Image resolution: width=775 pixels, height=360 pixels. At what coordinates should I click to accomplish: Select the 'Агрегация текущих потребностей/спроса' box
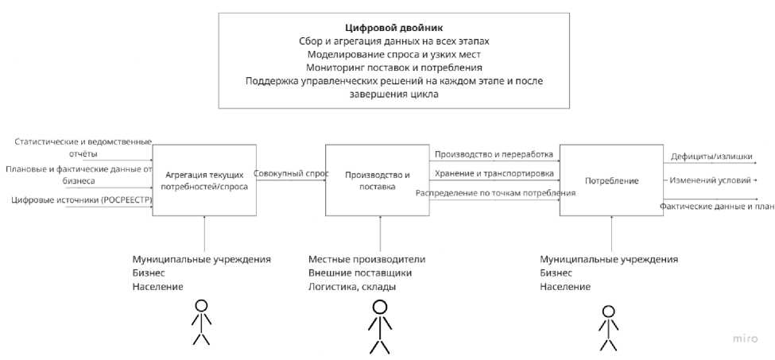click(204, 180)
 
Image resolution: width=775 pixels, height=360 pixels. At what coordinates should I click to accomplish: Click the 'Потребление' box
click(611, 180)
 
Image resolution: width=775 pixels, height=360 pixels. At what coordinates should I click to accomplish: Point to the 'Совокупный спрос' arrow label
click(291, 172)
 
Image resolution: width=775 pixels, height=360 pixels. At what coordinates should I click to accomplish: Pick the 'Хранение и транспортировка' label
click(494, 172)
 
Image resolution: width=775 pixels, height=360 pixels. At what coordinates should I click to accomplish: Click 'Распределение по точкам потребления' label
click(496, 193)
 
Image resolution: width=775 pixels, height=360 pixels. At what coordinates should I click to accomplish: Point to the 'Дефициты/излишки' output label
click(706, 157)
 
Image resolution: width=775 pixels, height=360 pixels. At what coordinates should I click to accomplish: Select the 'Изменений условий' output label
click(710, 180)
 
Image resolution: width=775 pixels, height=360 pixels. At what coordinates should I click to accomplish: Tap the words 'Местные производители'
click(366, 260)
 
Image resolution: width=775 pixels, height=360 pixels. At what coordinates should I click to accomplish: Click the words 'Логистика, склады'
click(351, 287)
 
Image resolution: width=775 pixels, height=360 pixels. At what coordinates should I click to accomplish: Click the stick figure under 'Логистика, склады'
click(379, 325)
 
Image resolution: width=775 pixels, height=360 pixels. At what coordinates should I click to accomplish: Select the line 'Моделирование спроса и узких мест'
click(393, 55)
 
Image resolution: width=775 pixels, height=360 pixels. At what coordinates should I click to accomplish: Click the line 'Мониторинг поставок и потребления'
click(393, 68)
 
